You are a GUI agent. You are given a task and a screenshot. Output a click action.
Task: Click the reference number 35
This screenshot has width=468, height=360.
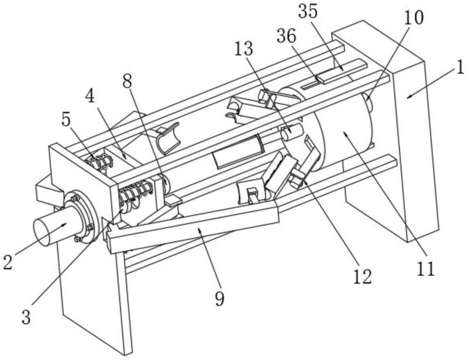coord(308,12)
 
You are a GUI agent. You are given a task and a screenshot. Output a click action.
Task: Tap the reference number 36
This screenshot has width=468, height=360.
coord(286,36)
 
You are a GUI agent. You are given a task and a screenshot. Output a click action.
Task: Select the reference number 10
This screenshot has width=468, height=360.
coord(414,18)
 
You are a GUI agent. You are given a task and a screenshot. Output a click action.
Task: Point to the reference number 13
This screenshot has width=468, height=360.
coord(243,49)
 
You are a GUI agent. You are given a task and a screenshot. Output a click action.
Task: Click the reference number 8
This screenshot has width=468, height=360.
coord(127,81)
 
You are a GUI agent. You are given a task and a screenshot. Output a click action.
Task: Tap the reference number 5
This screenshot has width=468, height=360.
coord(66,120)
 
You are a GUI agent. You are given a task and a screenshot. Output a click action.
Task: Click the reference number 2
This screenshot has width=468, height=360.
coord(8,262)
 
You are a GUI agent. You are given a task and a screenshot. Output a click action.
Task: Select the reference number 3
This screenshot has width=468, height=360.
coord(26,317)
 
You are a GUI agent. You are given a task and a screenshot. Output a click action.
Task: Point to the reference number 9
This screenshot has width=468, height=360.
coord(219,299)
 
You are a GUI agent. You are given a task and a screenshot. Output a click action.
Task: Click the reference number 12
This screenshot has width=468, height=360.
coord(363,276)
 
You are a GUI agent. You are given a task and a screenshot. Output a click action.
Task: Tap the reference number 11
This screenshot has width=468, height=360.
coord(426,269)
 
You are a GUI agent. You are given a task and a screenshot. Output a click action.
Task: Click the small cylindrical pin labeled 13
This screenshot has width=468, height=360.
coord(290,131)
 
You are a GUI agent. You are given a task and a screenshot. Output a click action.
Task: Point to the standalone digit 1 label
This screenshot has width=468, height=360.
coord(460,67)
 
